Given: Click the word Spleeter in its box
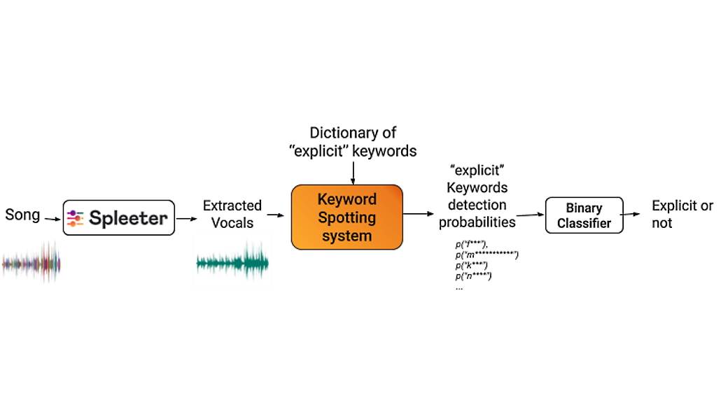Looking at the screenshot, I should click(128, 218).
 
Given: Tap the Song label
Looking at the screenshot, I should click(22, 214).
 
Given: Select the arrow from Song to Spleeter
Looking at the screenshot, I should click(52, 218).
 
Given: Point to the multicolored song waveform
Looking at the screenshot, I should click(31, 264).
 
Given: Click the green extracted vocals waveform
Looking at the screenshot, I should click(232, 263).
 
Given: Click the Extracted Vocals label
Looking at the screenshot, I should click(232, 214).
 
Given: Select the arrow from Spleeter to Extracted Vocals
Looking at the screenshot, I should click(186, 218).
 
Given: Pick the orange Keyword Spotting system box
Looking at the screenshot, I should click(346, 217).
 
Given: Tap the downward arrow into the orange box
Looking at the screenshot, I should click(353, 171).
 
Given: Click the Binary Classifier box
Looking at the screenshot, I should click(584, 215).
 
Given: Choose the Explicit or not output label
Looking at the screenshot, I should click(682, 214).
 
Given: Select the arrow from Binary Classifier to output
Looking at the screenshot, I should click(635, 215).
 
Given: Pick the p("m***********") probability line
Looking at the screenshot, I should click(486, 256).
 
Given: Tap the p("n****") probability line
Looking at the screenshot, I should click(474, 276).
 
